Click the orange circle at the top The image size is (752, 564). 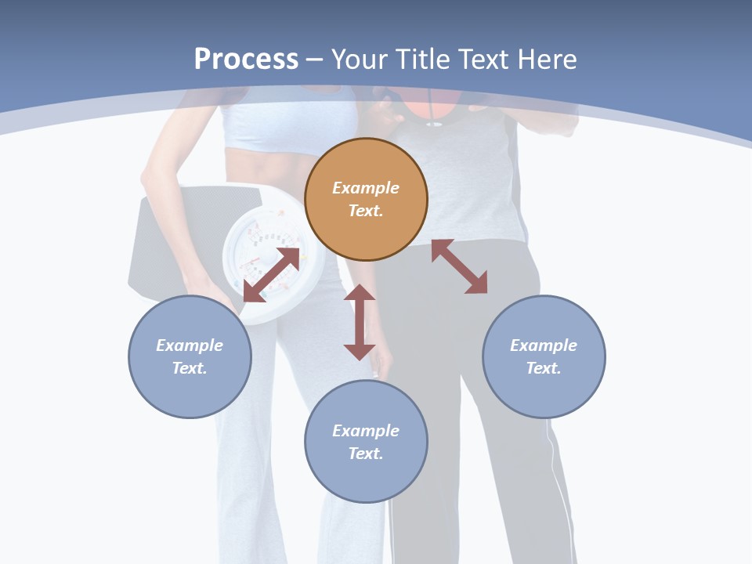[x=366, y=199]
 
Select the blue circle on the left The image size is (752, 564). [x=190, y=356]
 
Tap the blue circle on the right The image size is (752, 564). [x=544, y=356]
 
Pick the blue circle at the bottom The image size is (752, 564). [x=366, y=441]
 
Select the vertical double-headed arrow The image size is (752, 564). [x=360, y=322]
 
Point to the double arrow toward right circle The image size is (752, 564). [x=460, y=266]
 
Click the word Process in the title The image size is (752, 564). [x=246, y=59]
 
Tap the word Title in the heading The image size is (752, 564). [x=425, y=59]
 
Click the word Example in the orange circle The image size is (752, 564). [x=366, y=188]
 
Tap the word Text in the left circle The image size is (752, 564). [x=190, y=368]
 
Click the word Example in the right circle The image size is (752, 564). [x=544, y=345]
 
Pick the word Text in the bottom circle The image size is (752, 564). [x=366, y=454]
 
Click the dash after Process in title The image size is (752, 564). [x=315, y=60]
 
